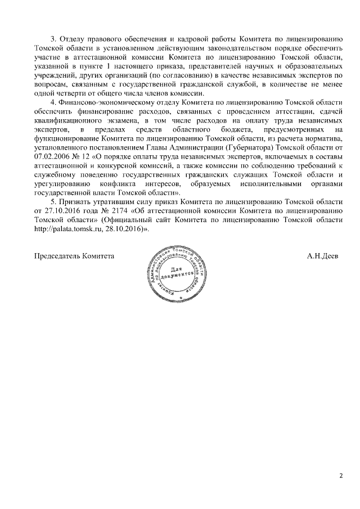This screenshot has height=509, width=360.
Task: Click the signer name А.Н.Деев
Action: tap(322, 256)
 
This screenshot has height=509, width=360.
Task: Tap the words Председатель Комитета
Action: tap(74, 256)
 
